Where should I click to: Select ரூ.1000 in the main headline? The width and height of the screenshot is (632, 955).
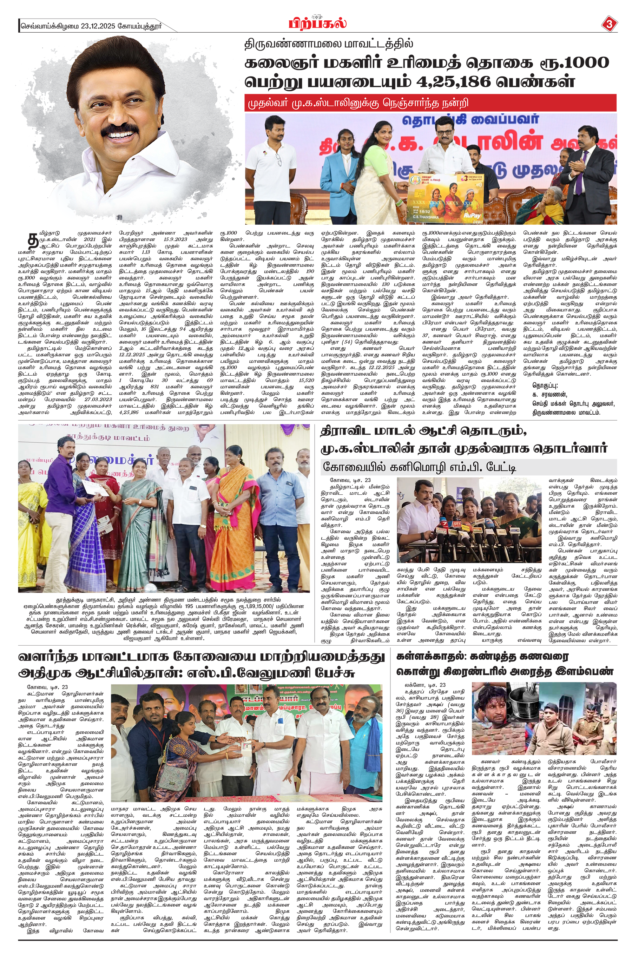[578, 62]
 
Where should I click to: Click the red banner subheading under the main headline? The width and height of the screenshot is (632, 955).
[430, 103]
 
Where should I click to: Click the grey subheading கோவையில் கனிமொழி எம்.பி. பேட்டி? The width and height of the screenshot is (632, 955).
[419, 467]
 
